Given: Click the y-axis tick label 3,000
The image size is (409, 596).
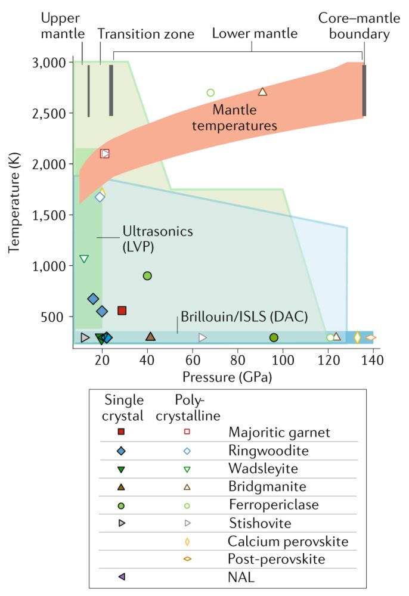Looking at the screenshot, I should tap(48, 62).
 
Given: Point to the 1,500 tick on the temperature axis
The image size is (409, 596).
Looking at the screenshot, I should tap(48, 215).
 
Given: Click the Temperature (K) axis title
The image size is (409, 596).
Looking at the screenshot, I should tap(14, 202).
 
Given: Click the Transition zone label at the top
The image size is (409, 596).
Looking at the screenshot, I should tap(146, 34).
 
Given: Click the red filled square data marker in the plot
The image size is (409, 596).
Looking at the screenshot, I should tap(122, 310).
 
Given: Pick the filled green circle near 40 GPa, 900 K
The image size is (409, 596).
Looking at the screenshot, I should tap(147, 275).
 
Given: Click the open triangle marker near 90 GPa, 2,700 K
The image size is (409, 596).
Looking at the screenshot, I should tap(262, 92).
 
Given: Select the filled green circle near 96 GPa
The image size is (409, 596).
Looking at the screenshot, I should tap(274, 337).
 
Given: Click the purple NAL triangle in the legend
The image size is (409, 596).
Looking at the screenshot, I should tap(121, 576).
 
